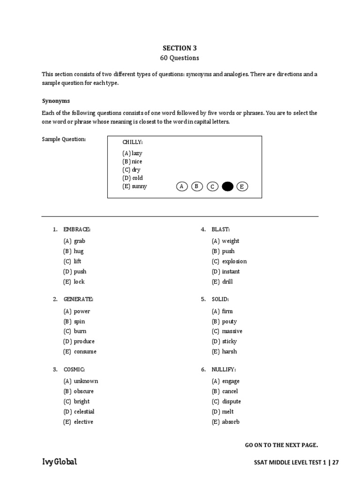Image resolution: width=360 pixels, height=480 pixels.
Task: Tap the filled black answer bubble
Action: [x=227, y=187]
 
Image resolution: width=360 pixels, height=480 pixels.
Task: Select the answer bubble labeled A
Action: [x=181, y=187]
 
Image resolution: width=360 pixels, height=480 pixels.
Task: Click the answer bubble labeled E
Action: [x=242, y=187]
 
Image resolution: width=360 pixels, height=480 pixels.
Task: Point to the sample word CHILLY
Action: [x=132, y=142]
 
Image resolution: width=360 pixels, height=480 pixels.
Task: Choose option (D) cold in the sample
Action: [x=133, y=178]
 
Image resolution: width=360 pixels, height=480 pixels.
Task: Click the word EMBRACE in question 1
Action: [x=77, y=229]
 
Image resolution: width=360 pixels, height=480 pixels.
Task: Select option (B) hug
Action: [x=74, y=251]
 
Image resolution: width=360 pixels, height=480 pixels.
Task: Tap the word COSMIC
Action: [x=75, y=369]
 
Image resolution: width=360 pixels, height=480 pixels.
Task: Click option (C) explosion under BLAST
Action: [x=229, y=262]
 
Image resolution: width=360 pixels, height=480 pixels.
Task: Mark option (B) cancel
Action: [x=225, y=391]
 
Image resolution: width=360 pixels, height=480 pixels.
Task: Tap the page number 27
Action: [x=336, y=463]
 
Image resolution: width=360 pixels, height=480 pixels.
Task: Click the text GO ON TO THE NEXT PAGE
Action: [x=281, y=445]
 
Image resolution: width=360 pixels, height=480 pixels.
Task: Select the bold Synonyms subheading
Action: [x=56, y=101]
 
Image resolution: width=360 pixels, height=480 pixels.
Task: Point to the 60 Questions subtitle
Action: [x=180, y=58]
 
